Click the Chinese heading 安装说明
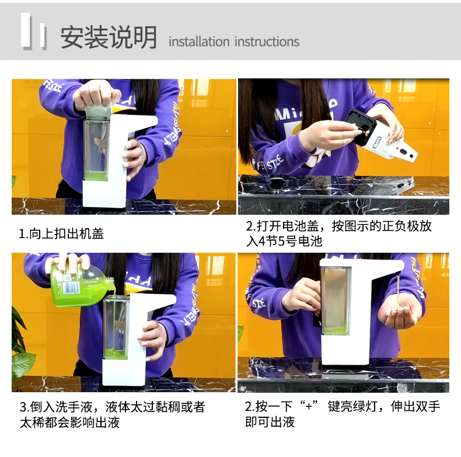click(x=109, y=37)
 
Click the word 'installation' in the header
click(x=199, y=41)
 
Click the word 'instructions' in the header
click(x=267, y=41)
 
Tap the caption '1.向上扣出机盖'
click(x=61, y=234)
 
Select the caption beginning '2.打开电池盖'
click(x=338, y=233)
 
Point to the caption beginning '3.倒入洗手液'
click(x=112, y=414)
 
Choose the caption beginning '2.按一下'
click(x=343, y=414)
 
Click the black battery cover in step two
click(x=361, y=127)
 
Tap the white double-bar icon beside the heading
click(x=33, y=30)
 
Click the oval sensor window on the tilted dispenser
click(x=403, y=151)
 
